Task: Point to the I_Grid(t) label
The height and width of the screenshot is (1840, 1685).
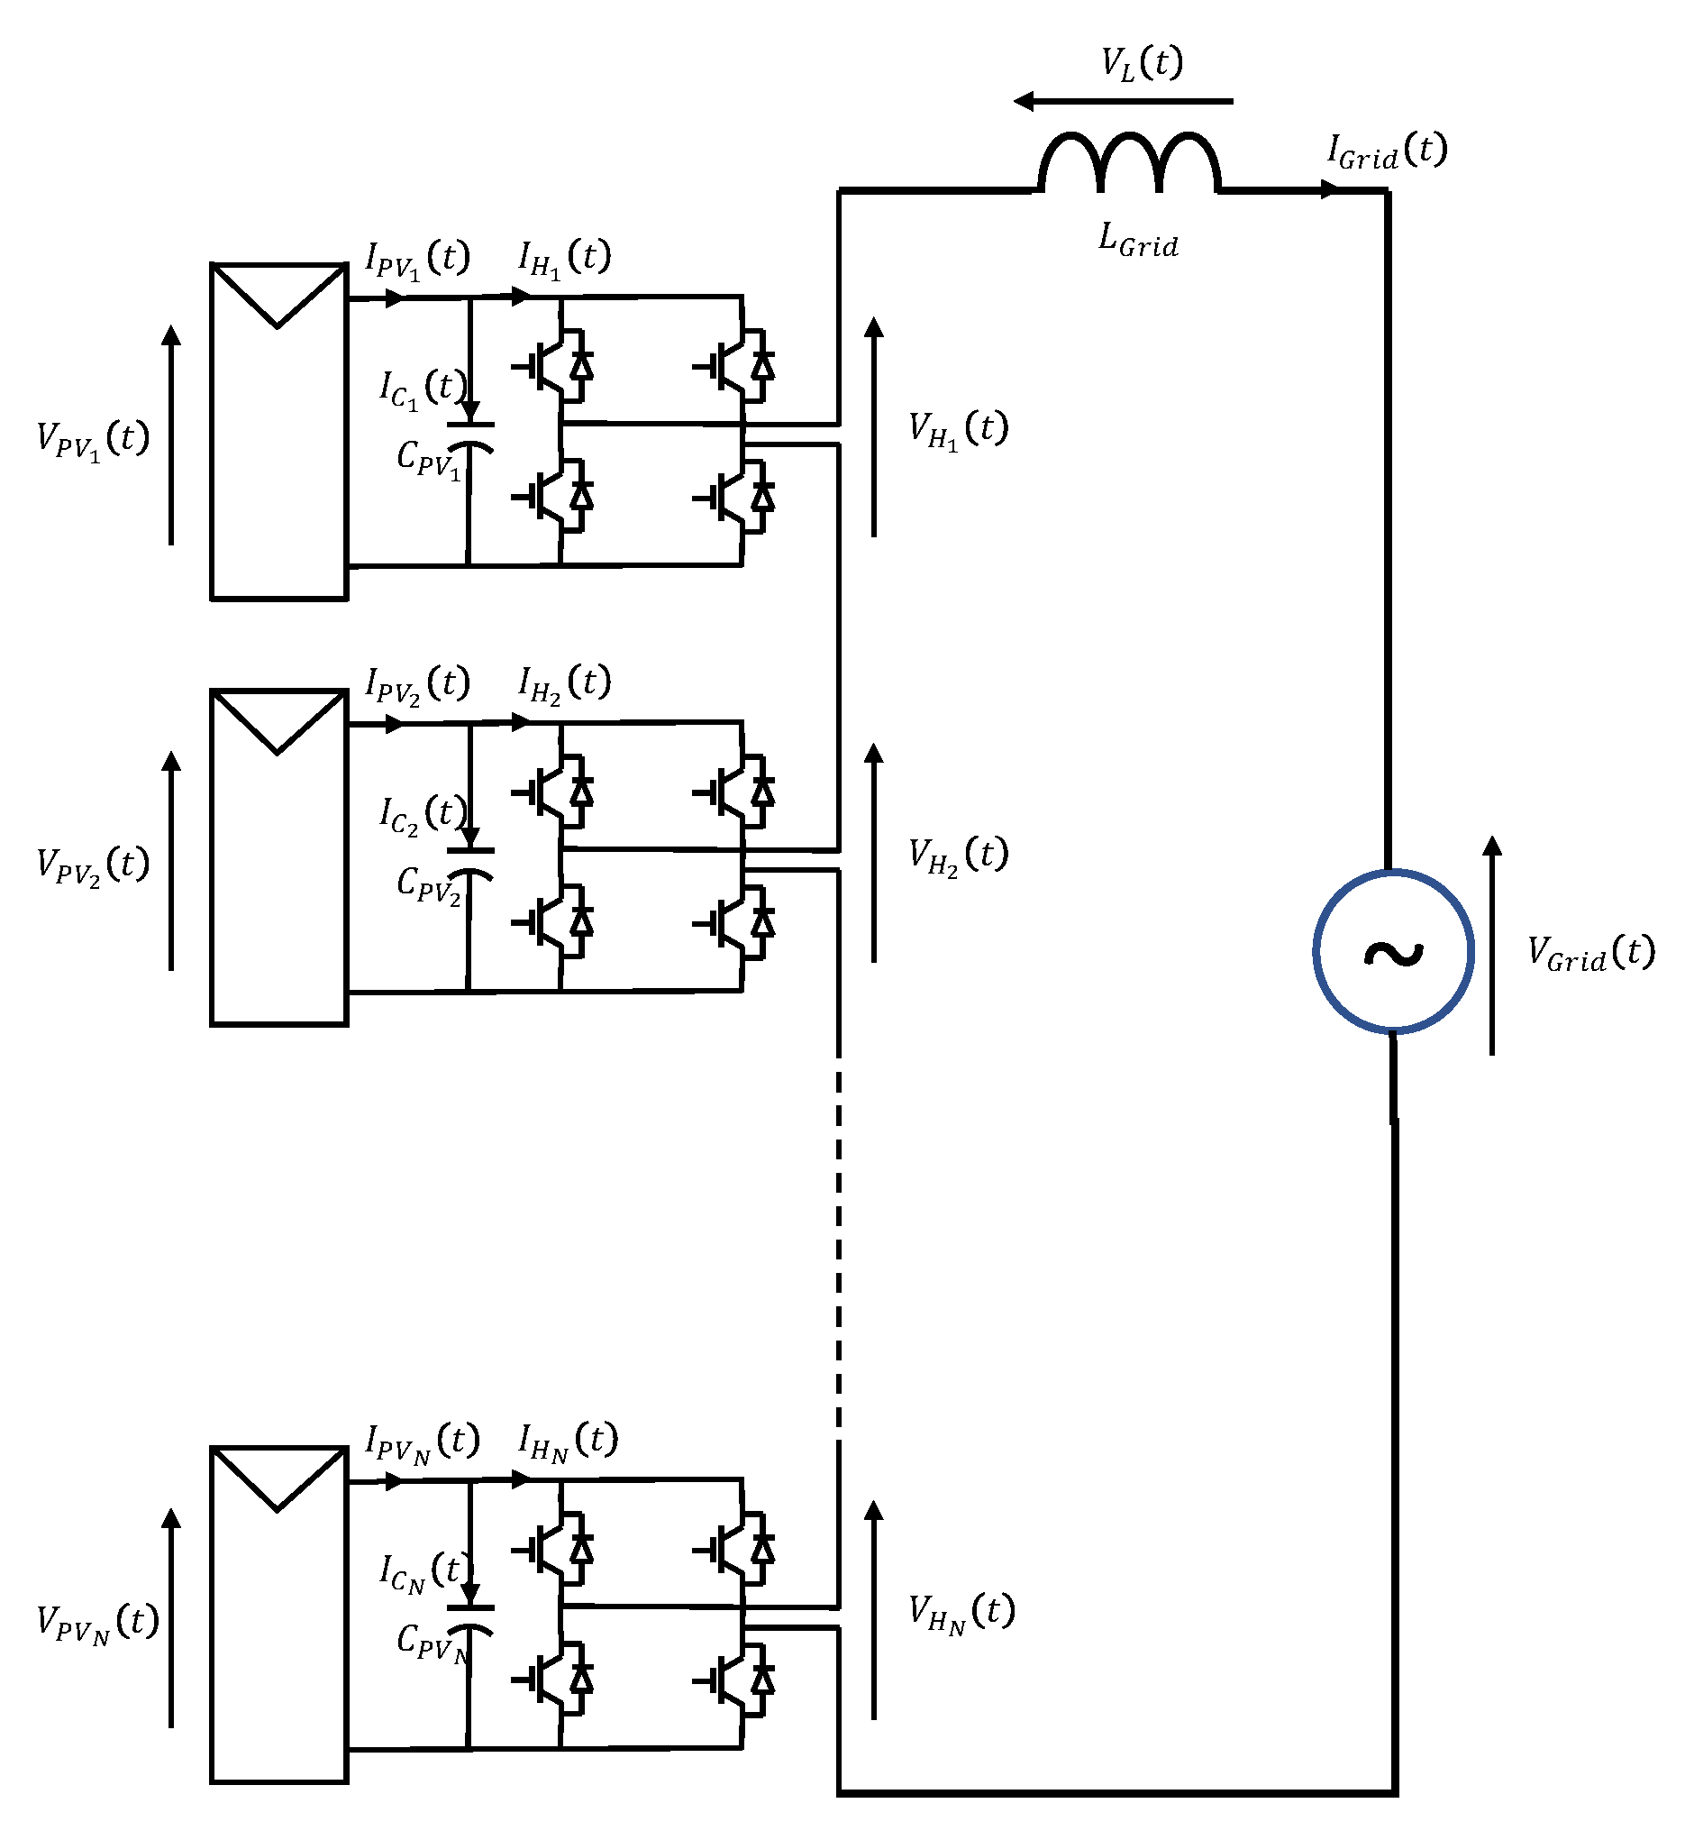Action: pos(1386,151)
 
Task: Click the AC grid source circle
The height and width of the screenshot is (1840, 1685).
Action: pos(1392,951)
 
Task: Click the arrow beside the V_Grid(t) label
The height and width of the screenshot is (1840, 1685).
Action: pos(1491,945)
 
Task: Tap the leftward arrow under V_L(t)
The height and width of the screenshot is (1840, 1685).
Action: pos(1122,101)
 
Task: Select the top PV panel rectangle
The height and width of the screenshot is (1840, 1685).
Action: pos(278,432)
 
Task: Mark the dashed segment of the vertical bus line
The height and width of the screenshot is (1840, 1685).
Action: pos(838,1232)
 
